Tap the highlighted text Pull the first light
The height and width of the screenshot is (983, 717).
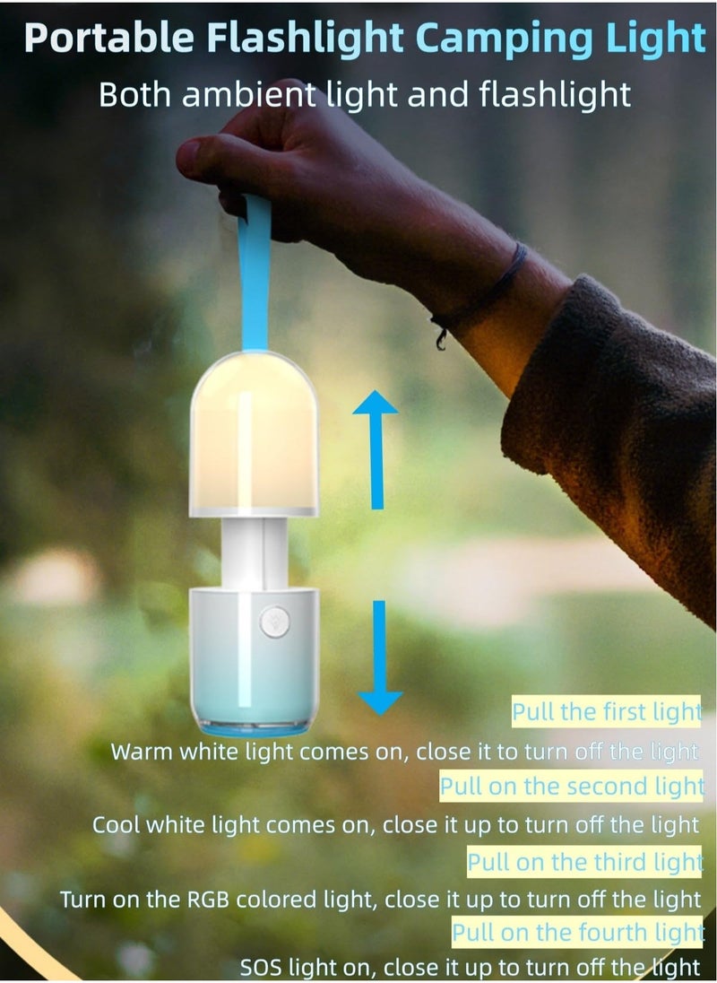(x=606, y=713)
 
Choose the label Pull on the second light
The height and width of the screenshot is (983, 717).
(x=571, y=787)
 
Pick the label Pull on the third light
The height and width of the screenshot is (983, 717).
(x=584, y=862)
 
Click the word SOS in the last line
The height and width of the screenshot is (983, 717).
(x=260, y=968)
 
